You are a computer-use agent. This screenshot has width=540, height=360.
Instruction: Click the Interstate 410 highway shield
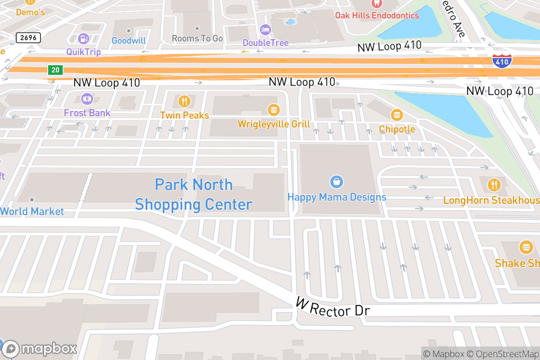click(x=501, y=61)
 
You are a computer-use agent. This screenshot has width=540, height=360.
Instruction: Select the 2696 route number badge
click(x=28, y=38)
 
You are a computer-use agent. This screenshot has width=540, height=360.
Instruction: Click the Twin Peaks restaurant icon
click(x=184, y=101)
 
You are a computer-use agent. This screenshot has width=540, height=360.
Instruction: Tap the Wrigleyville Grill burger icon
click(x=274, y=110)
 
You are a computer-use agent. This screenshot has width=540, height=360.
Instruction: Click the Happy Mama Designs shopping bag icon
click(x=337, y=182)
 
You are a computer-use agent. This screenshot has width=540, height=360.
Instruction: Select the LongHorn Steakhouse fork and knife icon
click(x=494, y=184)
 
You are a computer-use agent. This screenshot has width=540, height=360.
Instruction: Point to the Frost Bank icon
click(x=87, y=98)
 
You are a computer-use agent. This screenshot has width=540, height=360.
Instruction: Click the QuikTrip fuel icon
click(x=84, y=39)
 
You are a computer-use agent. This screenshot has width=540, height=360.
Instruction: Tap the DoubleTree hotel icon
click(x=265, y=30)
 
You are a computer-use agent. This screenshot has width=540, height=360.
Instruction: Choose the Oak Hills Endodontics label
click(x=377, y=15)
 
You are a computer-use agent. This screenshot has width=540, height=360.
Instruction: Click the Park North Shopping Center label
click(x=193, y=194)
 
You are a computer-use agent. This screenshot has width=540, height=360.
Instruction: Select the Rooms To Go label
click(x=197, y=39)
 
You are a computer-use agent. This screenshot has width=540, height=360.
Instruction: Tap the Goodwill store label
click(x=129, y=40)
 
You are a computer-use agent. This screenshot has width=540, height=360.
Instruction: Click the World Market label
click(x=32, y=211)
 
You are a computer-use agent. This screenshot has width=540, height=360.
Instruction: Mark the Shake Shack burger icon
click(x=525, y=247)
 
